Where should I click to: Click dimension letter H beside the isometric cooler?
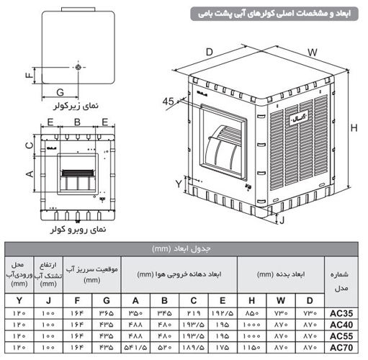click(354, 127)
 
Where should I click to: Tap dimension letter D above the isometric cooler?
click(209, 52)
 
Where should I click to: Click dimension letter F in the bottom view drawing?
click(29, 75)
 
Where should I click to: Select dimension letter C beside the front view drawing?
click(29, 144)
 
